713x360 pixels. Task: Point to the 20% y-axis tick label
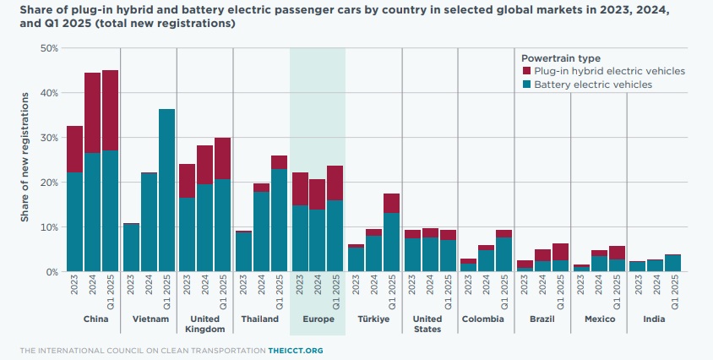[48, 183]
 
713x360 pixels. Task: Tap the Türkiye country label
[373, 319]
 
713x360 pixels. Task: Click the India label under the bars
[654, 319]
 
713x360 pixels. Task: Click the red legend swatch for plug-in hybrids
[526, 72]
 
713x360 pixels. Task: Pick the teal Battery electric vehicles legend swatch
[526, 85]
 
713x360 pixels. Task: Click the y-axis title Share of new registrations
[26, 161]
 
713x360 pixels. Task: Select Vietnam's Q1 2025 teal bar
[166, 190]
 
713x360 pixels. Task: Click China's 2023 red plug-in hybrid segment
[74, 150]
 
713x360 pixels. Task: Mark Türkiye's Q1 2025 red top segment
[391, 203]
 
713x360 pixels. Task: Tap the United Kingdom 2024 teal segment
[204, 227]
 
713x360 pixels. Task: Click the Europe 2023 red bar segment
[299, 189]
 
